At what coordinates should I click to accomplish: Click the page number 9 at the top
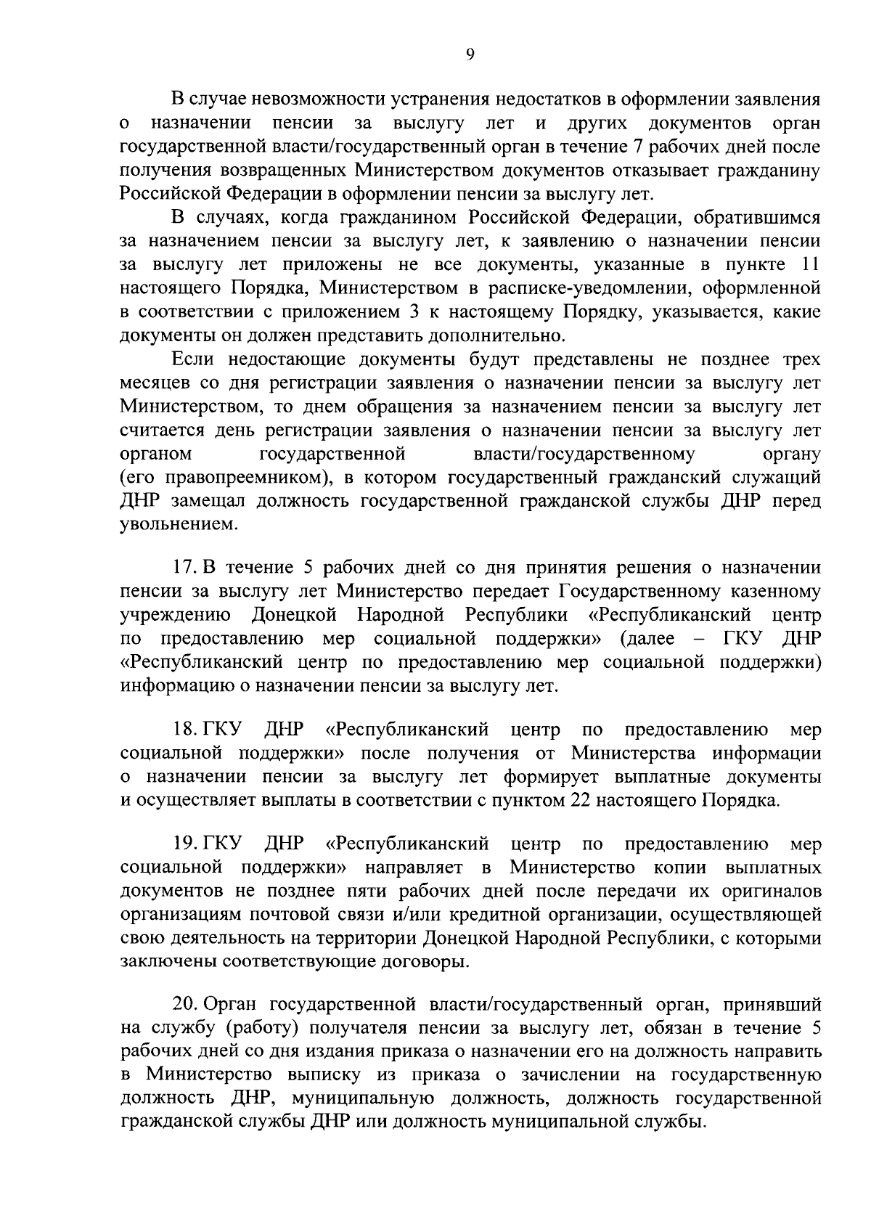coord(470,55)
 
